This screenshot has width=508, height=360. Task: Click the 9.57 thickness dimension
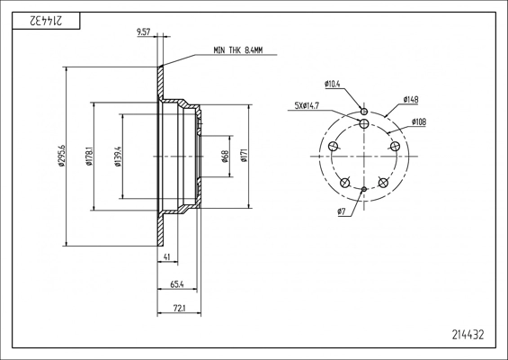coord(144,31)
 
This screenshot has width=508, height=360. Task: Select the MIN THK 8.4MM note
coord(238,50)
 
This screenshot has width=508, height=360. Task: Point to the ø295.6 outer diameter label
coord(61,156)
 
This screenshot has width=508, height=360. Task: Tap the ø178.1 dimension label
coord(89,156)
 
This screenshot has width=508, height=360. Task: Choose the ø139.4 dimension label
coord(118,156)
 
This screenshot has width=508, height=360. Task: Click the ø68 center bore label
coord(226,156)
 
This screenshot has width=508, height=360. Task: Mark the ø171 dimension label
coord(244,156)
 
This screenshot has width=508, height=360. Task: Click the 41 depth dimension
coord(167,256)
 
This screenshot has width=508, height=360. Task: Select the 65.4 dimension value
coord(177,284)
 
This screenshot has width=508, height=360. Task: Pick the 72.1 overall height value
coord(179,309)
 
